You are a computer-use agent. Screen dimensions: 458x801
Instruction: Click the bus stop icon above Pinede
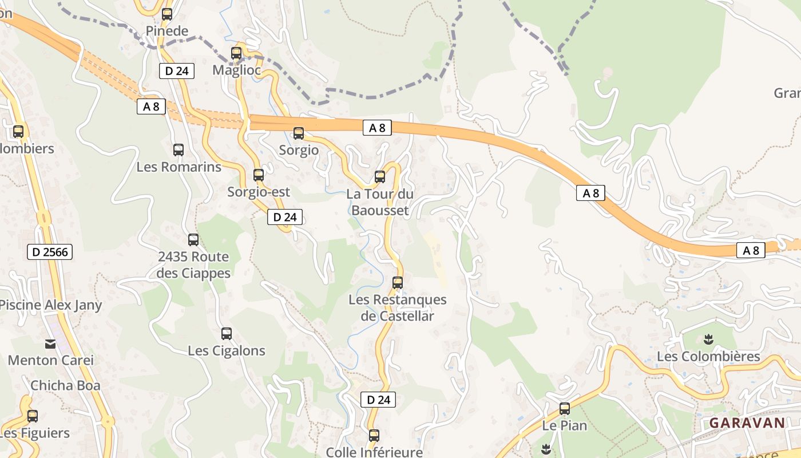coord(167,14)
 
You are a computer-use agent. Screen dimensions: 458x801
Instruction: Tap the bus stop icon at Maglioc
coord(236,53)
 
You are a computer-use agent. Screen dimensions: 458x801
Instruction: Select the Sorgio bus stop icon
coord(299,133)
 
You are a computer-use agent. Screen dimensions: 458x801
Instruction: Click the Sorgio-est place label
coord(259,192)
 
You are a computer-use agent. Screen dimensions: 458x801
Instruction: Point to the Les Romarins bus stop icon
coord(179,150)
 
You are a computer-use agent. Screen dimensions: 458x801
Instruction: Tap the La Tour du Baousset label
coord(380,202)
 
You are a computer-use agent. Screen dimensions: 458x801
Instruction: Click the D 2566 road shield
coord(50,252)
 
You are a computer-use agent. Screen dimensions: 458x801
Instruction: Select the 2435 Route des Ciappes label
coord(193,264)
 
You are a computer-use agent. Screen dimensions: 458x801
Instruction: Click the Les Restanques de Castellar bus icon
coord(398,282)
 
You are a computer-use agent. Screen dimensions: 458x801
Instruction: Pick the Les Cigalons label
coord(227,350)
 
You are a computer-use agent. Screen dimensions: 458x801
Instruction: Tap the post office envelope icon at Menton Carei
coord(50,344)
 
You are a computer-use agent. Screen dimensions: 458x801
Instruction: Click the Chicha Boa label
coord(65,385)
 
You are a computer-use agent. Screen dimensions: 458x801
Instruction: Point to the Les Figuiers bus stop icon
coord(33,416)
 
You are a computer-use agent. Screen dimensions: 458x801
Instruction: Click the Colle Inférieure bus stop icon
coord(374,436)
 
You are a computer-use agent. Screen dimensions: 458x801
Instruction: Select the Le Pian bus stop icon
coord(565,409)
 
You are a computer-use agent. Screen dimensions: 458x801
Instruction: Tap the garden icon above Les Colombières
coord(709,339)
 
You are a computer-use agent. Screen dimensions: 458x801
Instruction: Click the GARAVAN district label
coord(747,423)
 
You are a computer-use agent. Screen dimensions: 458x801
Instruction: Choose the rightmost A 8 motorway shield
coord(751,250)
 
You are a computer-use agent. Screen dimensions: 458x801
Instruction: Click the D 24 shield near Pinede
coord(177,71)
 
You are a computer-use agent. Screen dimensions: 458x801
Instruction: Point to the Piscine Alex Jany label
coord(50,305)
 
